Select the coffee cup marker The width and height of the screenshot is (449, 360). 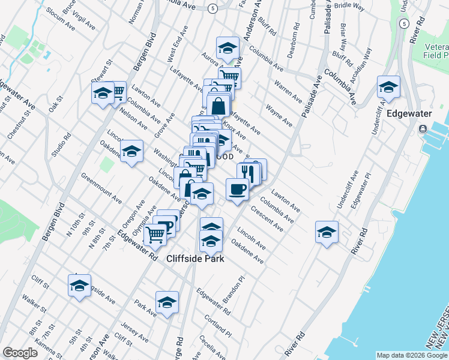coord(237,189)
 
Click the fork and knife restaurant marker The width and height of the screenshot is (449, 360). coord(249,173)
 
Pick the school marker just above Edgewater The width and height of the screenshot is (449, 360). coord(388,88)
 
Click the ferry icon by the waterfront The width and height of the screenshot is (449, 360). coord(424,128)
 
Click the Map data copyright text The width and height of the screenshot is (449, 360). coord(412,355)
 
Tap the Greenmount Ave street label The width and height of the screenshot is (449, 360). coord(101,187)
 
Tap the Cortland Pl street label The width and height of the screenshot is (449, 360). coord(217,324)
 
